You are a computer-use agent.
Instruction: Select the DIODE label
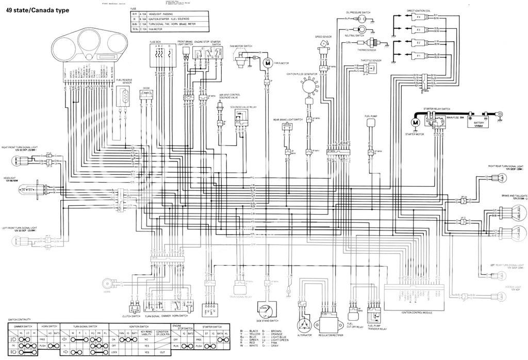146,88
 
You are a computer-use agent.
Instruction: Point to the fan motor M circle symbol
268,63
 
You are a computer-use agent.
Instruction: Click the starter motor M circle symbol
415,123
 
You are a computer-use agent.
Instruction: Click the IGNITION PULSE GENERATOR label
302,74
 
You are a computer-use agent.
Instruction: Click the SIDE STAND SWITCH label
267,320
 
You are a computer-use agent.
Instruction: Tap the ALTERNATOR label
305,334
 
